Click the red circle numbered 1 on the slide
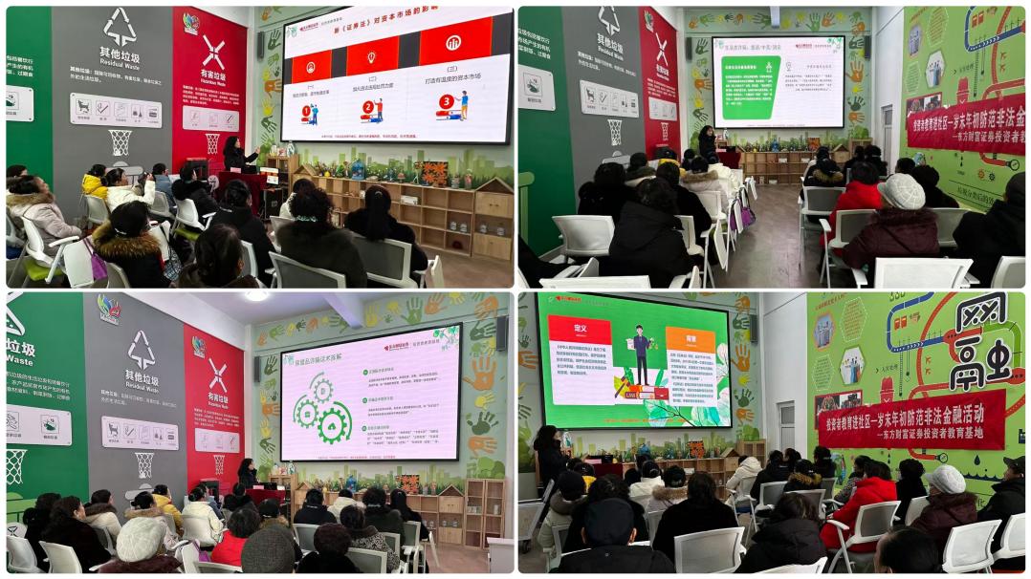307,111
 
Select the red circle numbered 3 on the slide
446,101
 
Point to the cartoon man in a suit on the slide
640,354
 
